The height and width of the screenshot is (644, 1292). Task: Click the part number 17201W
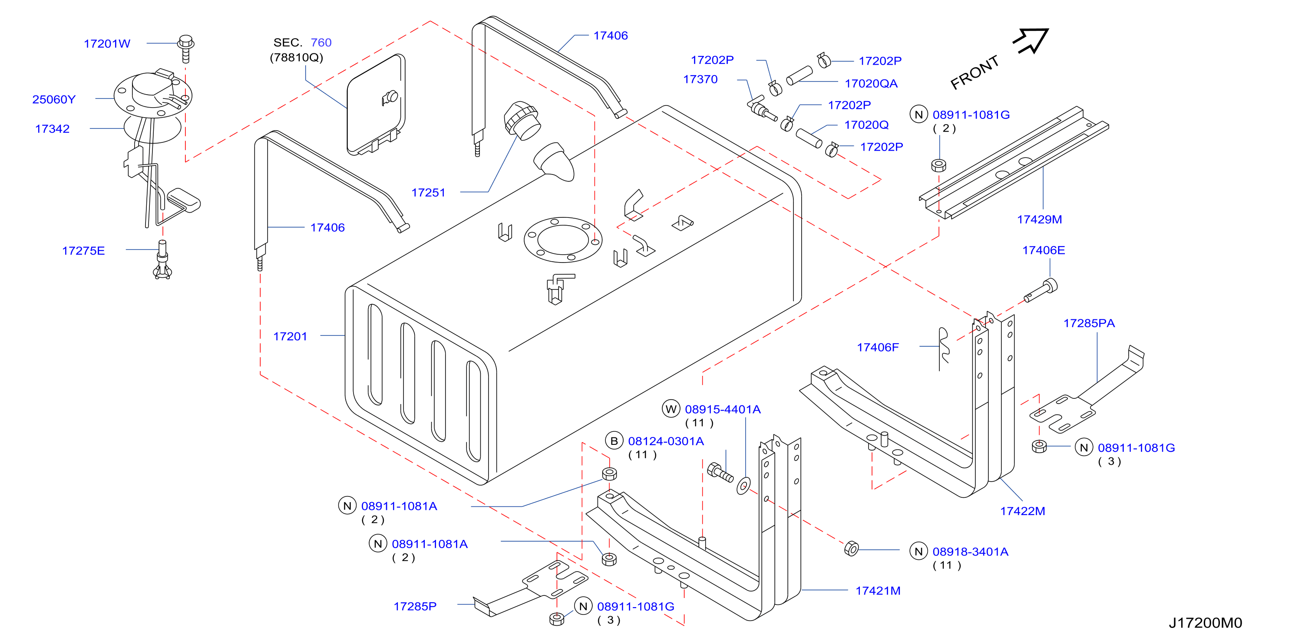(x=107, y=43)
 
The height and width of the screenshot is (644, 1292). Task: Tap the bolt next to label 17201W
(x=185, y=48)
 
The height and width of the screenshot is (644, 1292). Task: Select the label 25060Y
(x=54, y=99)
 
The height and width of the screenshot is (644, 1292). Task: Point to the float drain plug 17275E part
(x=162, y=260)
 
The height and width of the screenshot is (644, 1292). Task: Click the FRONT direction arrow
(x=1031, y=40)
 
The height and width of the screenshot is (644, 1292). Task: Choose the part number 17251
(x=428, y=192)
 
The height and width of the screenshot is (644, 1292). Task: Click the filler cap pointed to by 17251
(x=522, y=120)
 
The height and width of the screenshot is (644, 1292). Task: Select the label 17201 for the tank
(x=290, y=336)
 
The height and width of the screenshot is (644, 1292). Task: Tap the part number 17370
(x=700, y=79)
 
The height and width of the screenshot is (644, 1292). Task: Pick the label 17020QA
(x=871, y=84)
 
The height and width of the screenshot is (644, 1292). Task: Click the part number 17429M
(x=1039, y=220)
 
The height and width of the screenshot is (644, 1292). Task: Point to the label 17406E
(x=1043, y=250)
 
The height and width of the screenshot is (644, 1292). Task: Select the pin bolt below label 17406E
(x=1041, y=291)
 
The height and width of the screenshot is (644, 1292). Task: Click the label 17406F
(x=878, y=347)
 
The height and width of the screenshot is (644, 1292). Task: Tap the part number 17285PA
(x=1089, y=323)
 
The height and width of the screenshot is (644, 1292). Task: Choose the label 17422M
(x=1022, y=511)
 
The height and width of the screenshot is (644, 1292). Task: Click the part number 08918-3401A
(x=970, y=552)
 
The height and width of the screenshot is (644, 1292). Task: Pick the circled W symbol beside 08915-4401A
(x=671, y=409)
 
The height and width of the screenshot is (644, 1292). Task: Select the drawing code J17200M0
(x=1205, y=623)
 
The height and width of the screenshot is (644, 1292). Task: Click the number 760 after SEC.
(x=321, y=43)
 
